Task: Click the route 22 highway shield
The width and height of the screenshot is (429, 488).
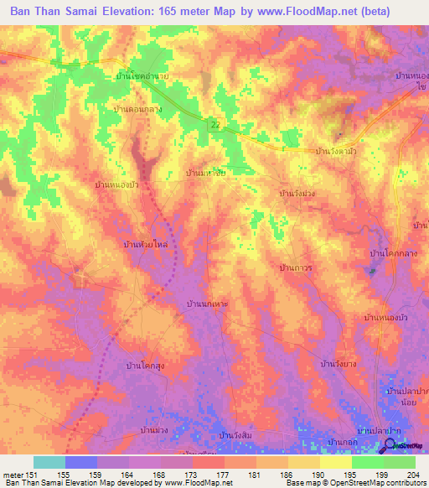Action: [215, 124]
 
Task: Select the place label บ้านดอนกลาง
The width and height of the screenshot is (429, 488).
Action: [137, 109]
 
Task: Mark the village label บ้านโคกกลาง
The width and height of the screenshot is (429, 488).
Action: [394, 252]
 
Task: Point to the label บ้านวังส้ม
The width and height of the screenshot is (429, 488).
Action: [236, 435]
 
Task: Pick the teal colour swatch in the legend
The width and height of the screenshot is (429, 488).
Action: [49, 462]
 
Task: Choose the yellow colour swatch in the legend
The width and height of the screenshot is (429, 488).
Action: [336, 462]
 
